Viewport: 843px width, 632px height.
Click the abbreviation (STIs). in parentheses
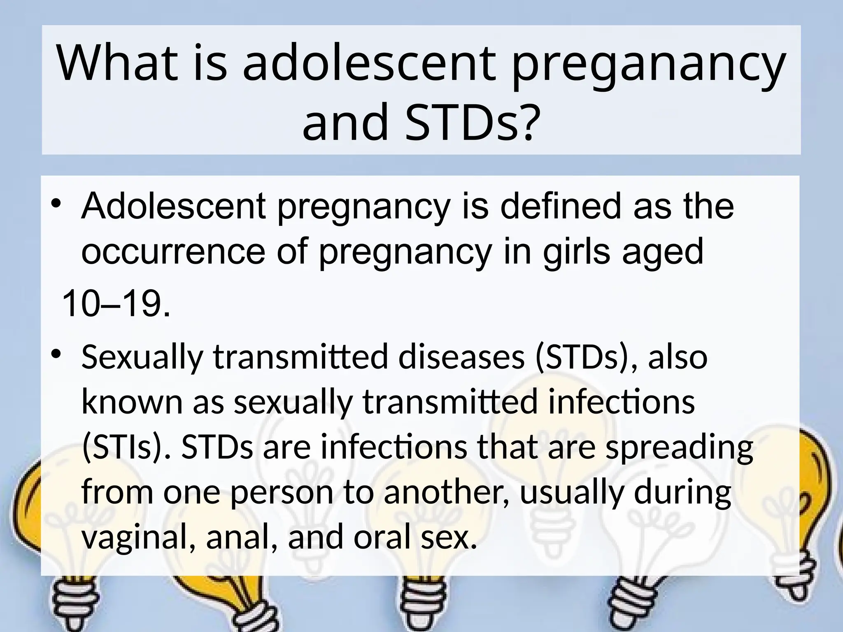tap(126, 447)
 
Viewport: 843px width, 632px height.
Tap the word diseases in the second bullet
tap(461, 357)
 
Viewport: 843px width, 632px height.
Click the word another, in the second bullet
tap(447, 493)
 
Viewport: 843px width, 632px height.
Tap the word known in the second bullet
tap(132, 402)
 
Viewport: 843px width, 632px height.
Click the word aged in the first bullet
tap(662, 253)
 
